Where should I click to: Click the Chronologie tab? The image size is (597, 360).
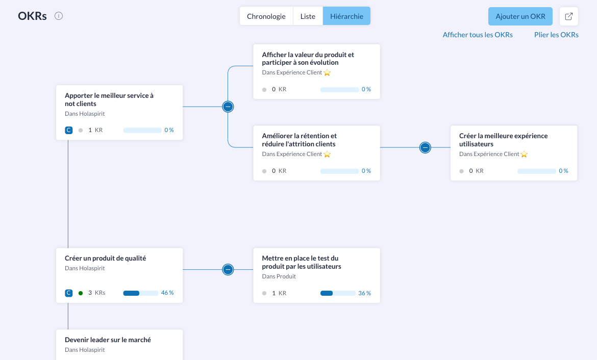point(266,16)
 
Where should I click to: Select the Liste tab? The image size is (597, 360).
point(308,16)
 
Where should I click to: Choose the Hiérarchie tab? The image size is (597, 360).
point(346,16)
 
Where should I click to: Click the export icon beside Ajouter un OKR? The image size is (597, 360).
point(569,16)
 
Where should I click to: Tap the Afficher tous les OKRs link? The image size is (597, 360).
point(478,35)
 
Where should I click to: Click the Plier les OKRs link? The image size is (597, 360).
point(556,35)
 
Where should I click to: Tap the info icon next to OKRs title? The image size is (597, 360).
point(59,16)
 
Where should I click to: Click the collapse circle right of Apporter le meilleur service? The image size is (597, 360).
point(228,107)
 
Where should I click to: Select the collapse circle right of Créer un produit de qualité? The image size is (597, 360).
point(228,269)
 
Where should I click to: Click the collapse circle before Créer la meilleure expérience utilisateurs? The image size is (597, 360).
point(425,147)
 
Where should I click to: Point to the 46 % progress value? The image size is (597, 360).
point(167,293)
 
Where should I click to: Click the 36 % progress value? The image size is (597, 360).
point(365,293)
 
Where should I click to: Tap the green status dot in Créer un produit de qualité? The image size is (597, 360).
point(81,293)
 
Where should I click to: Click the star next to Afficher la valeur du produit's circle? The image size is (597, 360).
point(327,72)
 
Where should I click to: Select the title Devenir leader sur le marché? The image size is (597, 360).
point(108,340)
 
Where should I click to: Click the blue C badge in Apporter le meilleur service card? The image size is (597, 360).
point(68,130)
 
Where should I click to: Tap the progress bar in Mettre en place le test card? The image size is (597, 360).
point(338,293)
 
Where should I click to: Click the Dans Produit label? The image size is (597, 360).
point(279,276)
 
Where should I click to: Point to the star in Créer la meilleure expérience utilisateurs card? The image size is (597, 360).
point(524,154)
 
